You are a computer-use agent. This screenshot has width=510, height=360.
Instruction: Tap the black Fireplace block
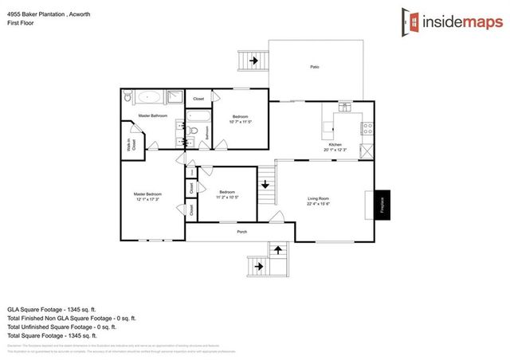[382, 203]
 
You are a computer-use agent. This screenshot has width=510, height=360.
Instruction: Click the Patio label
[315, 67]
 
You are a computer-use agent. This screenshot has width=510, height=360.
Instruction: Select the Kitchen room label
[336, 144]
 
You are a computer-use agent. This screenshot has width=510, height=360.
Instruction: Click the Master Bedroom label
[147, 194]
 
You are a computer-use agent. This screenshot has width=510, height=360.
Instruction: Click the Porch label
[241, 233]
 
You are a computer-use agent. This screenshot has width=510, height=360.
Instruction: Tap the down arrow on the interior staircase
[265, 190]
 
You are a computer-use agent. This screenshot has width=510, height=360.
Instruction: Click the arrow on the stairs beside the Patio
[254, 60]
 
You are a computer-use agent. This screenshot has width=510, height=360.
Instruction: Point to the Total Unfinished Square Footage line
[61, 327]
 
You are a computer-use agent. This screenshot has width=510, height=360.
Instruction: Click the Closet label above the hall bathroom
[198, 99]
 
